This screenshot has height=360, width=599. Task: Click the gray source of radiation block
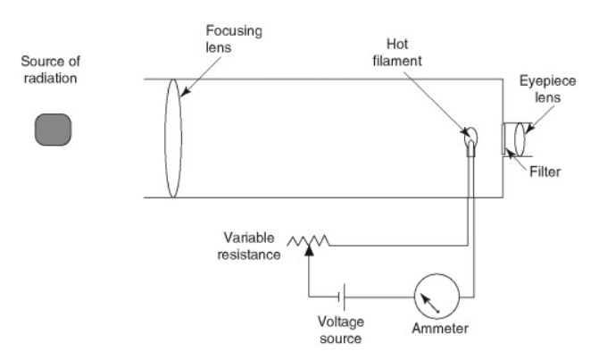53,130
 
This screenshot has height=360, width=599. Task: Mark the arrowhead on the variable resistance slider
308,253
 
